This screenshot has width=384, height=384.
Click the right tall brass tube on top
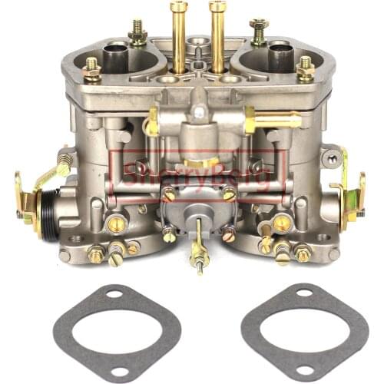tap(217, 35)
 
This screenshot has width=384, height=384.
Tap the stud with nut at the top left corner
tap(137, 32)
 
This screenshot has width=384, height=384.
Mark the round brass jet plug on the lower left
tap(118, 223)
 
